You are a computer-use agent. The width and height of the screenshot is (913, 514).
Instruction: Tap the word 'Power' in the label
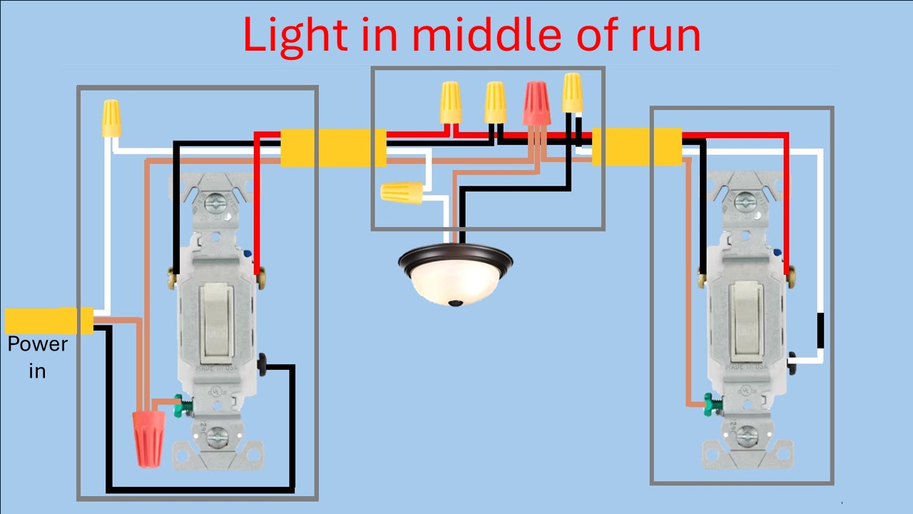(37, 344)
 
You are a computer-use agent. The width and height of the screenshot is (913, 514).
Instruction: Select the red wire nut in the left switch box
(149, 437)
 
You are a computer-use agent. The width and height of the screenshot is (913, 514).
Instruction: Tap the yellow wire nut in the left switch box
(111, 118)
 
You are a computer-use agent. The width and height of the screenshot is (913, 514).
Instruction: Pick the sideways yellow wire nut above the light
(402, 191)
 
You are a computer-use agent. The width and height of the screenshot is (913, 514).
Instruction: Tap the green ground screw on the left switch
(185, 404)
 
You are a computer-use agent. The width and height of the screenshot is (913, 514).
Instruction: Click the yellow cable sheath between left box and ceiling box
(333, 148)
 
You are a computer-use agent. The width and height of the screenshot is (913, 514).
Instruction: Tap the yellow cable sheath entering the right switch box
(636, 146)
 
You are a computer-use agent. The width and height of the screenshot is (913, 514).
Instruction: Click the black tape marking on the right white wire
(820, 331)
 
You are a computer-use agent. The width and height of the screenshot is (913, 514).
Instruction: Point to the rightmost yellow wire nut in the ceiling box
(572, 94)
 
